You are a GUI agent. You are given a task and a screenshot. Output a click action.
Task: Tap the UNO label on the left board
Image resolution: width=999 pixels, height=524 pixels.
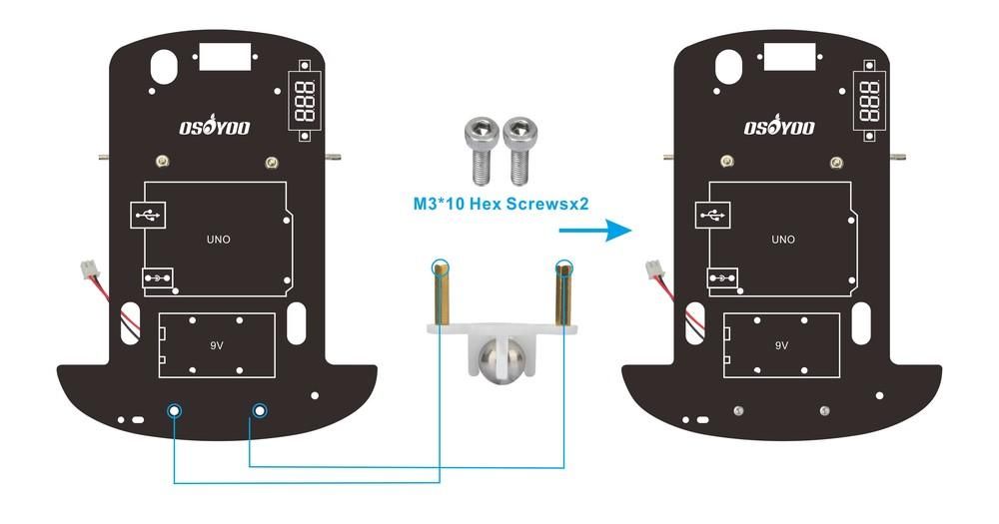click(x=219, y=240)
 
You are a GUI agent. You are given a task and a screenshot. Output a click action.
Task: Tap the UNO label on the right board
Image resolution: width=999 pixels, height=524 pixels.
click(x=783, y=240)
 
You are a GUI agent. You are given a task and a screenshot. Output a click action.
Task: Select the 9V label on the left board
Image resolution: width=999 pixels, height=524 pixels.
click(x=217, y=345)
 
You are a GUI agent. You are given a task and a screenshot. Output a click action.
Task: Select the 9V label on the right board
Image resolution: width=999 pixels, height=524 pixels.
click(x=782, y=345)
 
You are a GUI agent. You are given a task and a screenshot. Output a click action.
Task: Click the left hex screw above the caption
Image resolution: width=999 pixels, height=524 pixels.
click(x=482, y=151)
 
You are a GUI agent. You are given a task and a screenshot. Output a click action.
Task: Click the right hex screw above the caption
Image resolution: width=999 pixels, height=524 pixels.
click(x=519, y=151)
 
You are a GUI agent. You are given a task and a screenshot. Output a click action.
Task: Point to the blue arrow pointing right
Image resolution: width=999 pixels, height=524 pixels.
click(x=595, y=230)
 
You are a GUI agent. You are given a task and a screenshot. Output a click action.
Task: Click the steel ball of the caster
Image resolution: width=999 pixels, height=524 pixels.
click(x=500, y=359)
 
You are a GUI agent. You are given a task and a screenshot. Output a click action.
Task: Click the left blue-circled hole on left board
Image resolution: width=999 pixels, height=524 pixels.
click(x=174, y=411)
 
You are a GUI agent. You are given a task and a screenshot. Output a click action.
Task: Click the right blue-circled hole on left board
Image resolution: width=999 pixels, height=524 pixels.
click(x=260, y=411)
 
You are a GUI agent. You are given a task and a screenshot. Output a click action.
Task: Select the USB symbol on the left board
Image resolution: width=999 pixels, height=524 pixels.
click(x=148, y=216)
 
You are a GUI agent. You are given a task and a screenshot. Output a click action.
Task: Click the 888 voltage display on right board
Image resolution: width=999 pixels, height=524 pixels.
click(x=870, y=101)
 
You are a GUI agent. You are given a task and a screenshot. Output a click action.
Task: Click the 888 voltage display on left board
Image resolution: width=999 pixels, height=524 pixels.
click(x=305, y=101)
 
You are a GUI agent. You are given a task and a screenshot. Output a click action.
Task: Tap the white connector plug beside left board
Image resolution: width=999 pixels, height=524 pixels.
click(x=89, y=269)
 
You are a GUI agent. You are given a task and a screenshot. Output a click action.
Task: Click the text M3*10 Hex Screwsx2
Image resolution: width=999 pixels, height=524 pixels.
click(x=500, y=204)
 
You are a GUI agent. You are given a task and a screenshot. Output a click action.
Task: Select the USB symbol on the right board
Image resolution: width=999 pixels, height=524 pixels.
click(x=713, y=216)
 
